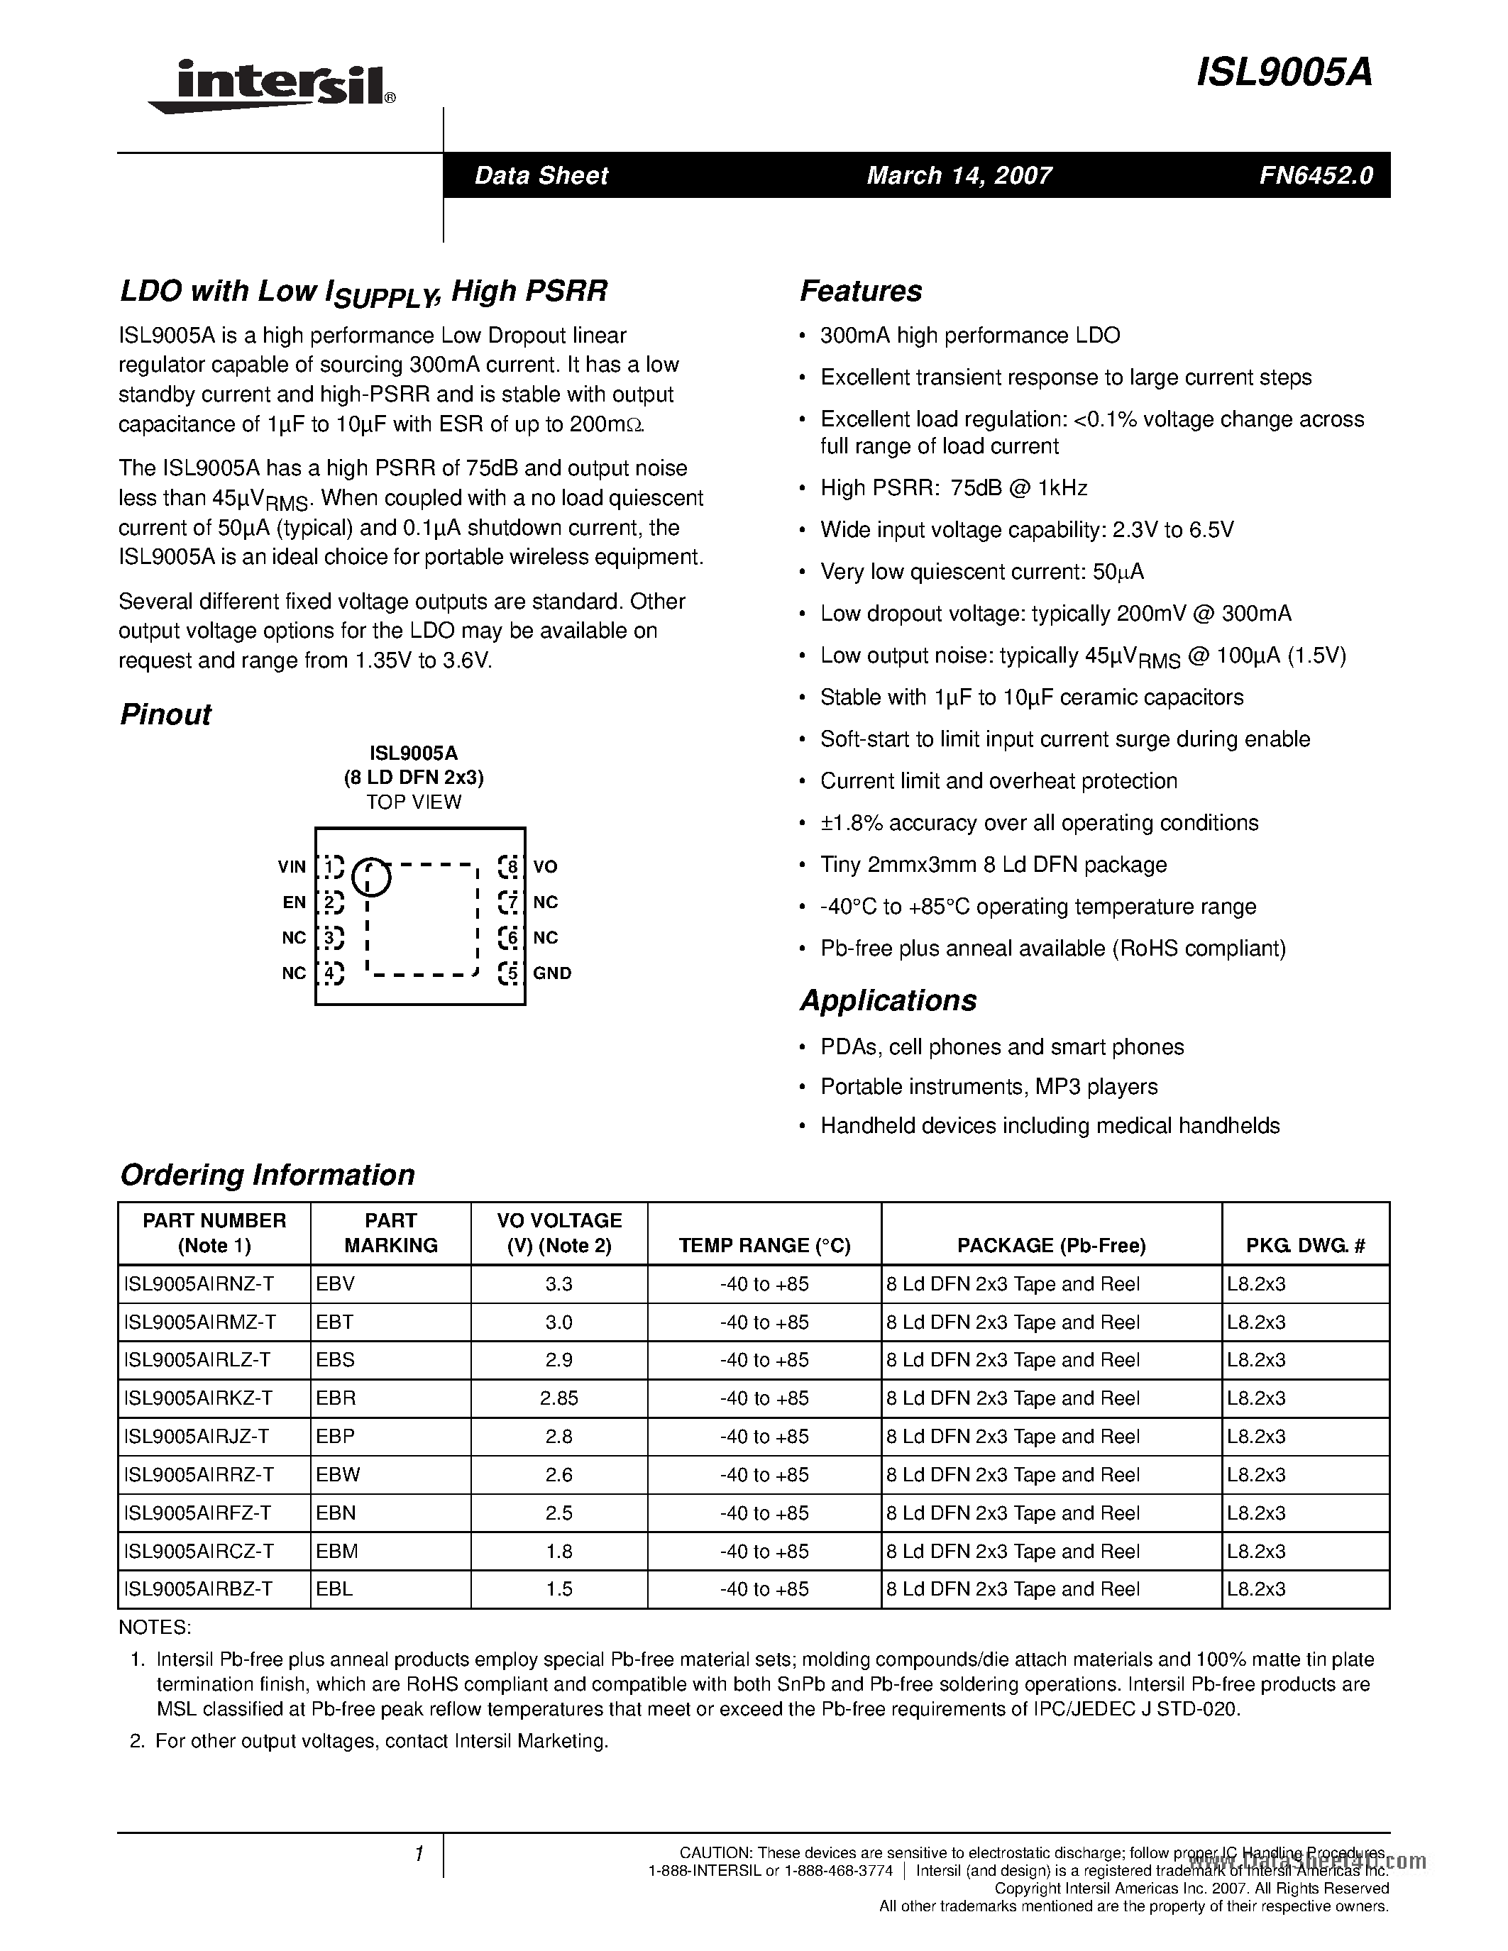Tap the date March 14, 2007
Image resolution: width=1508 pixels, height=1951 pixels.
pyautogui.click(x=959, y=175)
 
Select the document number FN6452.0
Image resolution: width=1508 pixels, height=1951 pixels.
pyautogui.click(x=1315, y=175)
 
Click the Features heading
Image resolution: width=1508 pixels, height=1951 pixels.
pyautogui.click(x=860, y=291)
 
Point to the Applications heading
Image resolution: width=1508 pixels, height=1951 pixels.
pyautogui.click(x=887, y=1000)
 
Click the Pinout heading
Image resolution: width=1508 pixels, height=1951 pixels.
pyautogui.click(x=165, y=714)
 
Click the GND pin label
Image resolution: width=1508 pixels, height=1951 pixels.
pyautogui.click(x=552, y=973)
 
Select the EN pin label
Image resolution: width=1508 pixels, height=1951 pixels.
pyautogui.click(x=294, y=902)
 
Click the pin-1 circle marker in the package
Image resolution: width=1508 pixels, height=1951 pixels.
pyautogui.click(x=372, y=876)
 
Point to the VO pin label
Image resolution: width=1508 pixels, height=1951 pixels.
pyautogui.click(x=545, y=866)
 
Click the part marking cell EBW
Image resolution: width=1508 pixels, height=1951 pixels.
pyautogui.click(x=339, y=1475)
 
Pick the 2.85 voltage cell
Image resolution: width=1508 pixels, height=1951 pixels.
pyautogui.click(x=558, y=1398)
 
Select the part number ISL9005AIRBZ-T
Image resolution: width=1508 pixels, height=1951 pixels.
pyautogui.click(x=198, y=1589)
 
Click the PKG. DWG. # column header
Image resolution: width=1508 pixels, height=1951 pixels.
pyautogui.click(x=1305, y=1245)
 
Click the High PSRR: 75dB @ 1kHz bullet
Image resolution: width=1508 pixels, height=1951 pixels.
pyautogui.click(x=953, y=488)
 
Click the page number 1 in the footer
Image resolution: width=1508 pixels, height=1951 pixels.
pyautogui.click(x=418, y=1855)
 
